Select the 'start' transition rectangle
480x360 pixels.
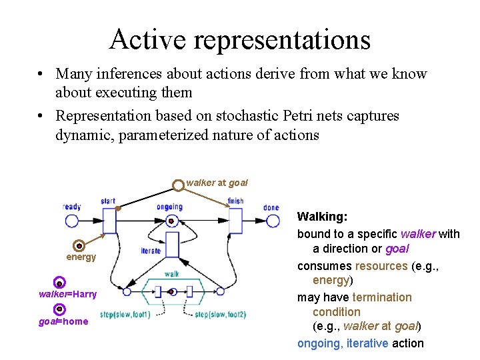click(x=109, y=221)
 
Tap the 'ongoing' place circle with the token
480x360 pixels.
click(x=171, y=221)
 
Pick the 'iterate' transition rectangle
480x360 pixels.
click(x=172, y=245)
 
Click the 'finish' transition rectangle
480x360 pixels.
click(x=235, y=221)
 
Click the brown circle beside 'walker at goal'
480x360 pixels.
click(x=179, y=184)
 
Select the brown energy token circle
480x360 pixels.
click(x=79, y=245)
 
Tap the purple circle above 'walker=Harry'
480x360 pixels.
click(x=59, y=283)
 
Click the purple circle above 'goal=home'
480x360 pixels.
click(x=59, y=309)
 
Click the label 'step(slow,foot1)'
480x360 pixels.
click(x=125, y=314)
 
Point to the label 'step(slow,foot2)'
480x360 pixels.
click(x=221, y=314)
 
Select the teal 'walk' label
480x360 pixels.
click(x=171, y=274)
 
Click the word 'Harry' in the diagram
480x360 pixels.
click(x=85, y=294)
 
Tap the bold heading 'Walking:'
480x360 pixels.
click(x=322, y=217)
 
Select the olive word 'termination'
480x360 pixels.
click(x=382, y=297)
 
